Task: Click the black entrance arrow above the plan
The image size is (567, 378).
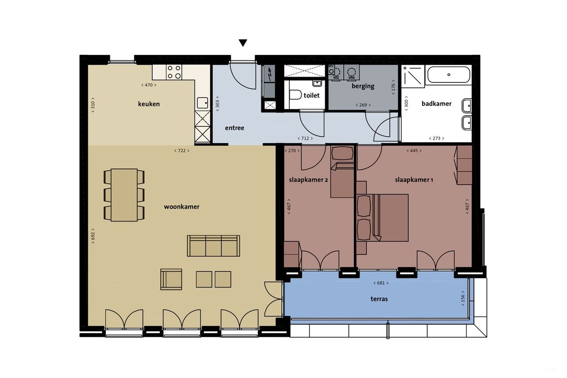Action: [243, 43]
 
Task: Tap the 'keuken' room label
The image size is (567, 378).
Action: [149, 104]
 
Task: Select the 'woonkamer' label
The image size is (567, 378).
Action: [182, 207]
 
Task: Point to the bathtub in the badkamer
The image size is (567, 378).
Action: [448, 74]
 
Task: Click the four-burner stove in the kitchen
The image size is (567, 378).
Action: [174, 72]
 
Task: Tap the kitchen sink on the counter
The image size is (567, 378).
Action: [203, 102]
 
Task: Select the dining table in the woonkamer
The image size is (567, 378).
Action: [124, 195]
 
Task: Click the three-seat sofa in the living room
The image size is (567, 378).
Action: [214, 246]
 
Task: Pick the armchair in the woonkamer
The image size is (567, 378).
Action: [171, 279]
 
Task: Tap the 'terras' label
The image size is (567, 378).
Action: [379, 299]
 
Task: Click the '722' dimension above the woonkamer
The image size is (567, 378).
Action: [182, 151]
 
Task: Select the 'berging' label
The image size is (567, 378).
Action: [363, 86]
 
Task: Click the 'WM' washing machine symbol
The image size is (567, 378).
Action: [352, 73]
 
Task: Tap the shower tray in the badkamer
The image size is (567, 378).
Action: [412, 75]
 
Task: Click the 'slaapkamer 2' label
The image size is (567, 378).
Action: [309, 180]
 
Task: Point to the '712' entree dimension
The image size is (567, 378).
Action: [306, 138]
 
